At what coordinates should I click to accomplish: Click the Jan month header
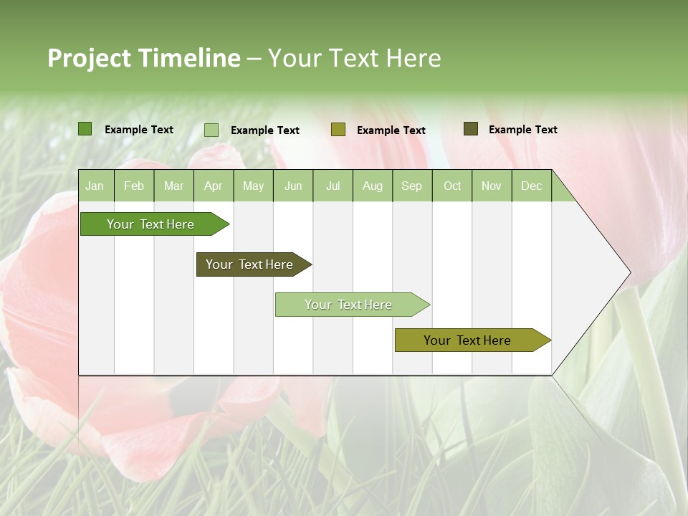coord(95,186)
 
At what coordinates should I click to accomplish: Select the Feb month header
coord(134,186)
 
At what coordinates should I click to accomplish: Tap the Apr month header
coord(213,186)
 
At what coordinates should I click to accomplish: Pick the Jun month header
coord(293,186)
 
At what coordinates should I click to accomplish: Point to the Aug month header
coord(372,186)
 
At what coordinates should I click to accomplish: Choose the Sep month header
coord(411,186)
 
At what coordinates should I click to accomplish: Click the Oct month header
coord(452,186)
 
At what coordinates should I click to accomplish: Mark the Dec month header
coord(531,186)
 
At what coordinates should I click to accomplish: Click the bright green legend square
coord(85,129)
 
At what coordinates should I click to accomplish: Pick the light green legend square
coord(211,130)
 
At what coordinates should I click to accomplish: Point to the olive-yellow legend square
coord(338,130)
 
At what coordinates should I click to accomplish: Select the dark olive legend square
coord(471,129)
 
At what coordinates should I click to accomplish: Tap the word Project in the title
coord(90,58)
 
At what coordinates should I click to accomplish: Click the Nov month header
coord(492,186)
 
